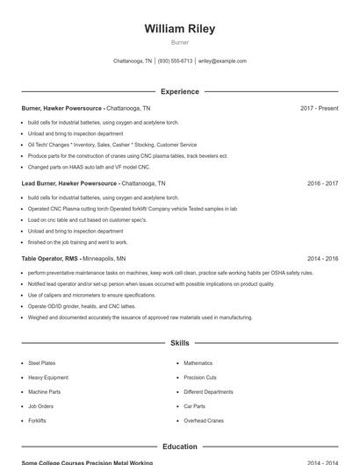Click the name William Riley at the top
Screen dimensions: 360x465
(179, 29)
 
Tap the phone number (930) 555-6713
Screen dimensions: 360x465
(175, 61)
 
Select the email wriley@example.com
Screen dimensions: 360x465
(222, 61)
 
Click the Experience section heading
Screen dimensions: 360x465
(179, 91)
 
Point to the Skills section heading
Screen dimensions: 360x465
(179, 343)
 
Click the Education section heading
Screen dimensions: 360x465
(179, 447)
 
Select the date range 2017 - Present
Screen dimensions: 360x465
(319, 108)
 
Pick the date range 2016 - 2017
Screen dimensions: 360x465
(322, 184)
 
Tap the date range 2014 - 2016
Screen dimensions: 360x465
(322, 259)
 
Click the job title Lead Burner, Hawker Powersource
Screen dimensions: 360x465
(69, 184)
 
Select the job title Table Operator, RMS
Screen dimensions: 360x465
(49, 259)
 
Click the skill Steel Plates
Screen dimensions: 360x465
(41, 363)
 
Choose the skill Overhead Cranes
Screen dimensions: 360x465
(204, 421)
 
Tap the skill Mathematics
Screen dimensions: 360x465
(198, 363)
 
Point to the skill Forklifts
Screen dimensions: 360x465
(37, 421)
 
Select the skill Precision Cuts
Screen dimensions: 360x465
(199, 377)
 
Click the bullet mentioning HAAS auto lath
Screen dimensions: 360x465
(89, 167)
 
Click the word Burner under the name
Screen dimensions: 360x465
(179, 42)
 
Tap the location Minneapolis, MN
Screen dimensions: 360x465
(104, 259)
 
